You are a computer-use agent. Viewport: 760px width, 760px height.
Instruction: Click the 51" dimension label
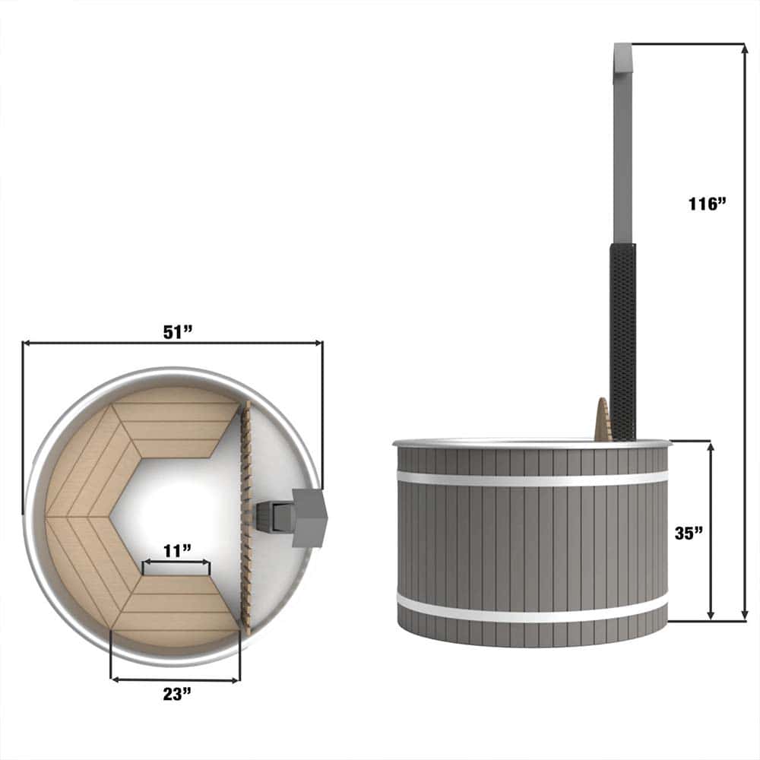click(177, 332)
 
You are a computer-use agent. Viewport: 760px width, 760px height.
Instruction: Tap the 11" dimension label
click(177, 550)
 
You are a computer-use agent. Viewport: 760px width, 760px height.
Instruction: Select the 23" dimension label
click(177, 694)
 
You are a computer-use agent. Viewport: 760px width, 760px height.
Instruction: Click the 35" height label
click(689, 534)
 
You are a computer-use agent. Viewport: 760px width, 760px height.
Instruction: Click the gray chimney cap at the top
click(623, 61)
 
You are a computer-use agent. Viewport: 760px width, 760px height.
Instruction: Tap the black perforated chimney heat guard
click(623, 342)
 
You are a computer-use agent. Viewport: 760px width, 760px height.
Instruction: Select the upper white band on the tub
click(532, 478)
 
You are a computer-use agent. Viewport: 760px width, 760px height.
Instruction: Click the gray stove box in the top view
click(309, 518)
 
